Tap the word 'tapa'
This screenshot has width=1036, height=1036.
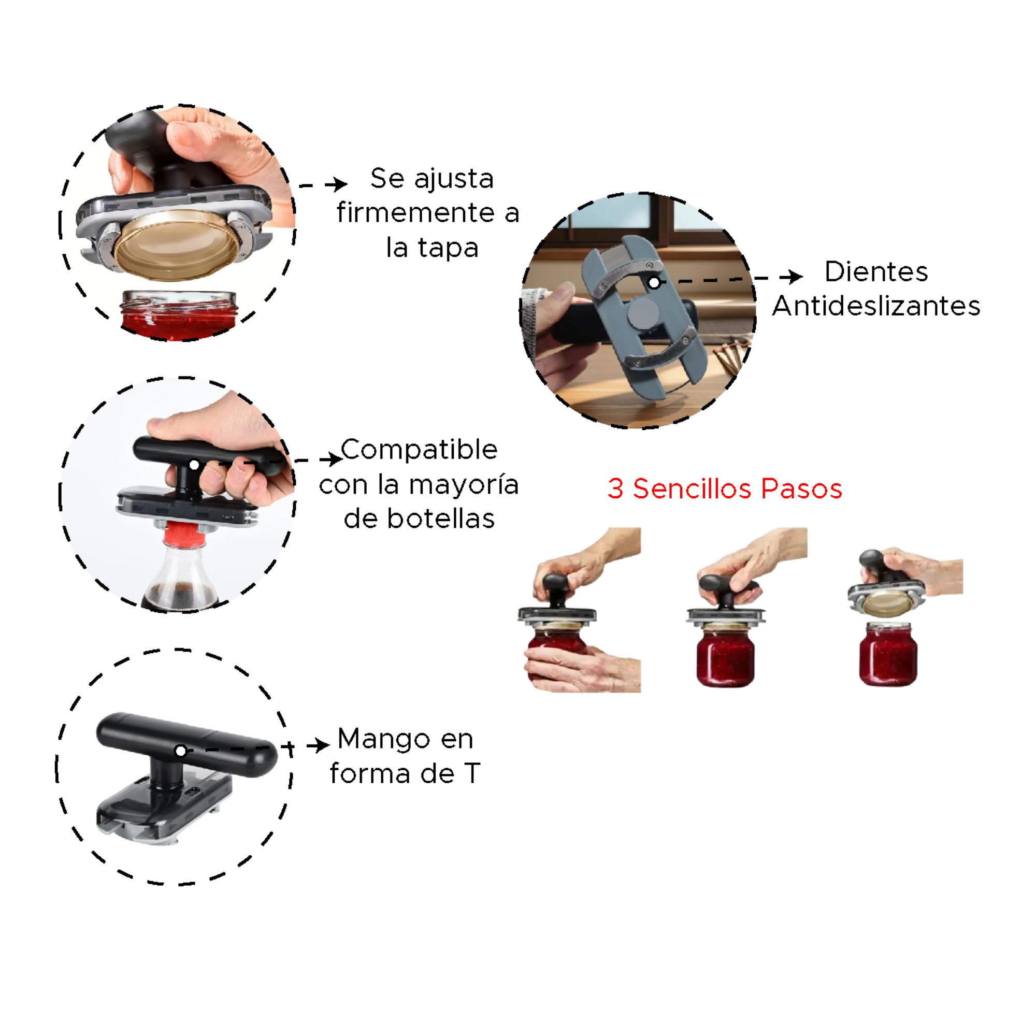[448, 248]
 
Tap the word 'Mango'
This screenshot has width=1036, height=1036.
[383, 741]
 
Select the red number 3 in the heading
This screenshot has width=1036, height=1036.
[615, 489]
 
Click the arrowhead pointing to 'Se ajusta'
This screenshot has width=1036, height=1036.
[338, 184]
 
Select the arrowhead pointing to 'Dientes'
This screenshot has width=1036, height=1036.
[793, 277]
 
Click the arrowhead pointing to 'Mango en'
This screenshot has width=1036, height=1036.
[320, 745]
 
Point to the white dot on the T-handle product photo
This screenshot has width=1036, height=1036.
[181, 751]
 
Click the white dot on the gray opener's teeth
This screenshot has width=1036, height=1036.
[654, 283]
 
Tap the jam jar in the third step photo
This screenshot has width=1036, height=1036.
[888, 654]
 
